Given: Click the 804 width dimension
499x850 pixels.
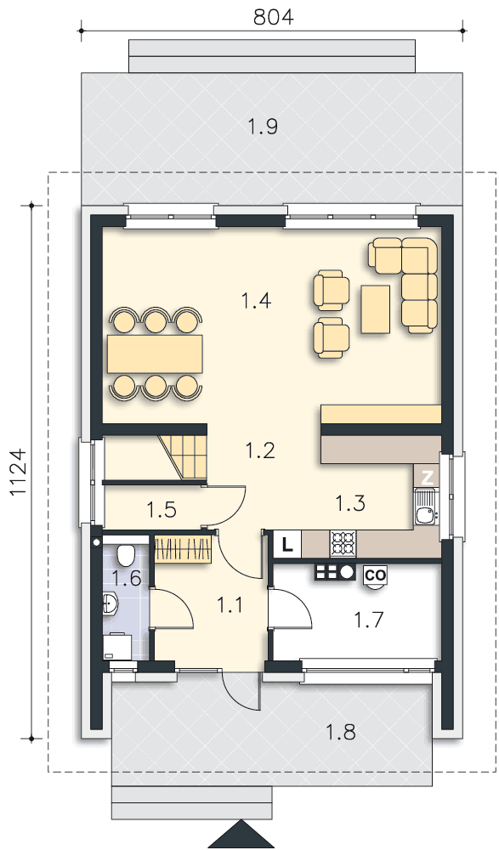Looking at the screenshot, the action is point(274,17).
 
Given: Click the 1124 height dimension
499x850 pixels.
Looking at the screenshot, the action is point(19,472).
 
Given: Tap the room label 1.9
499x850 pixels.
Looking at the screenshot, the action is point(263,127).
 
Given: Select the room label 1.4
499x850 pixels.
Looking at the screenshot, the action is point(257,300).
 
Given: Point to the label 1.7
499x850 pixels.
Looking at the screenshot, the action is point(368,619).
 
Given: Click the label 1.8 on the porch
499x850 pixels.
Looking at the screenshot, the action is point(341,733).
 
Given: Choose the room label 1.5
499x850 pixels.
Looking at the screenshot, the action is point(162,510).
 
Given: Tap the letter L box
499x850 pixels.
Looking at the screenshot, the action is point(287,544).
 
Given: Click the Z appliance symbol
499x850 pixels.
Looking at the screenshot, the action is point(428,477).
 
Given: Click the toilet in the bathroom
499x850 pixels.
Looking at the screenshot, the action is point(126,554).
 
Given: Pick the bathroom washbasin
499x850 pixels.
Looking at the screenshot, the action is point(111,603).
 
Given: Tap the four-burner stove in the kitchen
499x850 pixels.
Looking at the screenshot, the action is point(343,544).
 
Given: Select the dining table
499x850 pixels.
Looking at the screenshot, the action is point(155,354).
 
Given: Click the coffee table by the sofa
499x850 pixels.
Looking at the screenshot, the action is point(376,309).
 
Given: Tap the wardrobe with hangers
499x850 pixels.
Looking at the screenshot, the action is point(182,548).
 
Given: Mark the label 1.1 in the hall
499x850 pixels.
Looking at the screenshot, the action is point(231,604).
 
